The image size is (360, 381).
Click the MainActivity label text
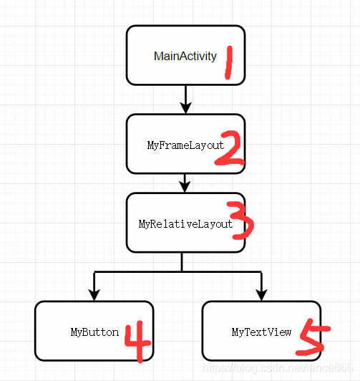pyautogui.click(x=185, y=56)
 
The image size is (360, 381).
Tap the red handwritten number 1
pyautogui.click(x=230, y=63)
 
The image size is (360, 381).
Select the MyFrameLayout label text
pyautogui.click(x=185, y=145)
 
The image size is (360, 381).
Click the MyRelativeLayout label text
pyautogui.click(x=185, y=223)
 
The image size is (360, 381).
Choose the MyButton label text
pyautogui.click(x=94, y=332)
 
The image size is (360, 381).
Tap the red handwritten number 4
pyautogui.click(x=137, y=342)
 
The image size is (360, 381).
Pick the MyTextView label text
pyautogui.click(x=261, y=332)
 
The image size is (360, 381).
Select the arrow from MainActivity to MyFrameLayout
pyautogui.click(x=185, y=98)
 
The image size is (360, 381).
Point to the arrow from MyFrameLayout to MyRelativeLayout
pyautogui.click(x=185, y=183)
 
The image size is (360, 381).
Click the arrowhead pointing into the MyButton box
pyautogui.click(x=93, y=294)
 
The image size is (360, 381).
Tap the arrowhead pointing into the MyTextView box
pyautogui.click(x=261, y=294)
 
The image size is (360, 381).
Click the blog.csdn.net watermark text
pyautogui.click(x=278, y=368)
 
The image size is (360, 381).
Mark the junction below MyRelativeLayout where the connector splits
pyautogui.click(x=182, y=271)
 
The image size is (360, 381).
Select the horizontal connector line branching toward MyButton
pyautogui.click(x=136, y=271)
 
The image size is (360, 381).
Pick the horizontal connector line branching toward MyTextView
pyautogui.click(x=222, y=271)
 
